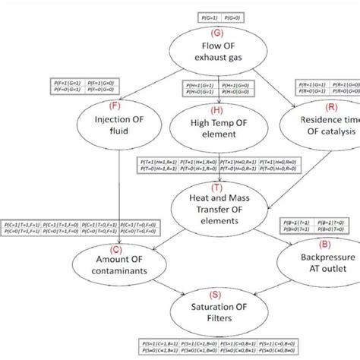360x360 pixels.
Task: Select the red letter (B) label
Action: click(324, 244)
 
